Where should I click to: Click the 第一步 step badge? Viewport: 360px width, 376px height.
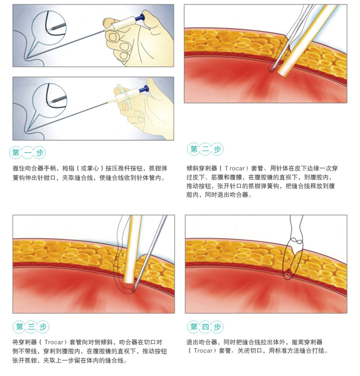(27, 153)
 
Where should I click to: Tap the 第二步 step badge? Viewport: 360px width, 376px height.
(205, 149)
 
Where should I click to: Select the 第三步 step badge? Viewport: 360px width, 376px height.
(31, 327)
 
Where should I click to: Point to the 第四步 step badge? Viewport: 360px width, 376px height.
(205, 327)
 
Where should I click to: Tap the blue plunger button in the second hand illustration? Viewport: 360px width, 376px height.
(144, 89)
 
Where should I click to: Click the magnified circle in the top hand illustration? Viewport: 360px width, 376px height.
(49, 27)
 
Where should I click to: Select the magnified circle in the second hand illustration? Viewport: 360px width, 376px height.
(50, 100)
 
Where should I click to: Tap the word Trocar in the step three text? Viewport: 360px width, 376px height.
(54, 342)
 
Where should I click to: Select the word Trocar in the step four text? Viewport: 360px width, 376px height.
(203, 350)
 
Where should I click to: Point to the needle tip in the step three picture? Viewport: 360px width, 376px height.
(133, 291)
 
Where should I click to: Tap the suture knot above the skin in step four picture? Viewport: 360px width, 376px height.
(297, 241)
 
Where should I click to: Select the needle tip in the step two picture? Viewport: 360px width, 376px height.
(271, 71)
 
